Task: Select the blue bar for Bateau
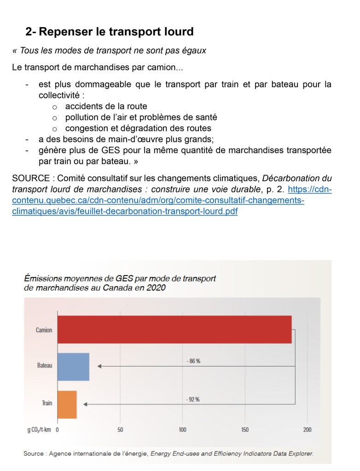pos(73,367)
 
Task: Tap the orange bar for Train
pos(67,404)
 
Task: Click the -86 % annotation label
pos(193,361)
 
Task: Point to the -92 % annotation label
pos(193,399)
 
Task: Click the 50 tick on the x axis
pos(120,430)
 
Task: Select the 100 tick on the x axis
pos(183,430)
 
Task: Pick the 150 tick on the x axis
pos(245,430)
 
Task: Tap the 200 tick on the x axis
pos(307,430)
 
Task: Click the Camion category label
pos(44,330)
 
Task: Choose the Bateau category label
pos(45,366)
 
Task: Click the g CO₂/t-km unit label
pos(39,430)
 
